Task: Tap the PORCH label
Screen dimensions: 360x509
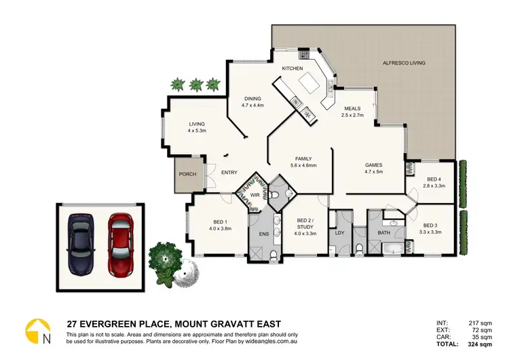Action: pos(187,175)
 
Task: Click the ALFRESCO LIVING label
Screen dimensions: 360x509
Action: pos(404,62)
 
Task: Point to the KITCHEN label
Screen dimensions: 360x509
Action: pos(293,69)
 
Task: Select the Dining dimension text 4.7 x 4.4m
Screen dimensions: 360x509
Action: pos(252,105)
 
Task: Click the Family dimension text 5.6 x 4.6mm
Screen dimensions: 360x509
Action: pos(303,165)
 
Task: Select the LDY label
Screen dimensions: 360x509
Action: pos(341,232)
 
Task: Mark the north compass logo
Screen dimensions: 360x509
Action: pos(38,331)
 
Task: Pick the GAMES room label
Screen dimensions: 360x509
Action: pos(374,165)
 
